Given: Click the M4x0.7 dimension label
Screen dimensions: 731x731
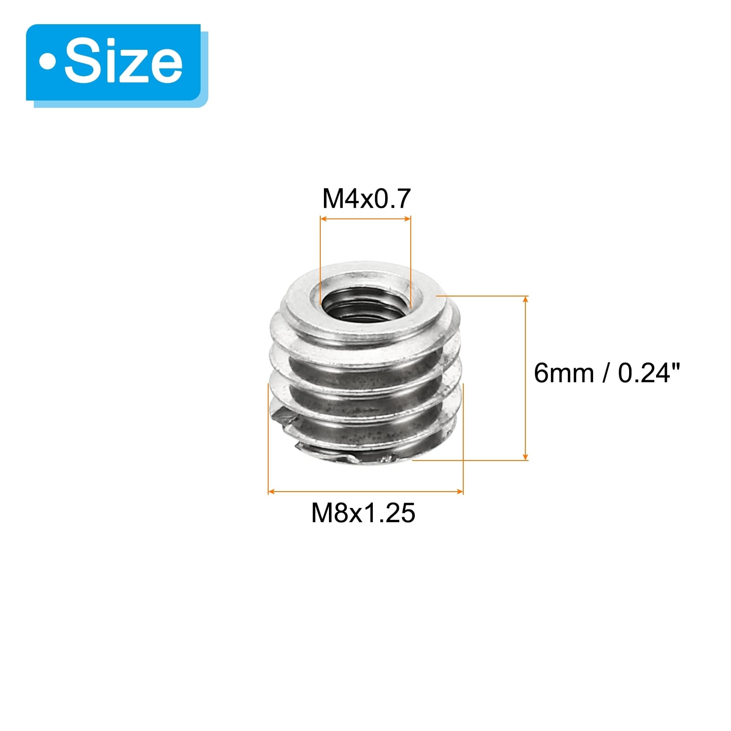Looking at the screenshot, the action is (366, 199).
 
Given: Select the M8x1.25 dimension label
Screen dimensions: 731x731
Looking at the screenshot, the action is (363, 513).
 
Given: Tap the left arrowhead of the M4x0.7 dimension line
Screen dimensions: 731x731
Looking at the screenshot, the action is (324, 219).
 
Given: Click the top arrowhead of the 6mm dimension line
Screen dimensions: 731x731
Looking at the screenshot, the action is (525, 300).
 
